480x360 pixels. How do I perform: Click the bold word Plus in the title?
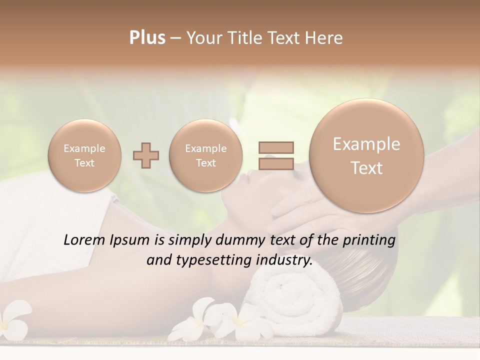[x=147, y=38]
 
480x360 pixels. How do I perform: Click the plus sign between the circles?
[x=145, y=156]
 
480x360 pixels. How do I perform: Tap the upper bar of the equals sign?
[x=275, y=147]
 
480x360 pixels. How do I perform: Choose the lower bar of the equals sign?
[x=275, y=164]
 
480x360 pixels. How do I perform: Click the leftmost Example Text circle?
[x=84, y=155]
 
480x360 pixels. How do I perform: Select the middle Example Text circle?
[x=205, y=155]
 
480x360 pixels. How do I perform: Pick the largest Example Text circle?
[x=366, y=156]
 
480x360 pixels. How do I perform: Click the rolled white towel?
[x=295, y=300]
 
